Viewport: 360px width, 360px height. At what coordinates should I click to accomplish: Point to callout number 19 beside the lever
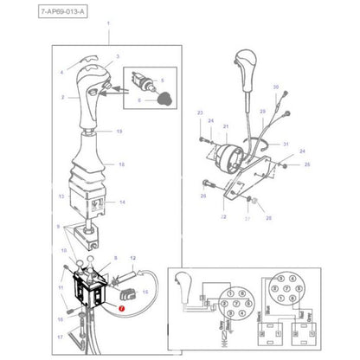click(119, 132)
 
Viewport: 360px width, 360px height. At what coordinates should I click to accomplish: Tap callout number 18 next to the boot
click(121, 164)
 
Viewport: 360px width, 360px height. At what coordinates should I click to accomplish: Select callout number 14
click(122, 202)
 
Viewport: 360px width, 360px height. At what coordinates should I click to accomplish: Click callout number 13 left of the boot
click(61, 196)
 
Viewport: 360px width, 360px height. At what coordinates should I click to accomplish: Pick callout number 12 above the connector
click(134, 257)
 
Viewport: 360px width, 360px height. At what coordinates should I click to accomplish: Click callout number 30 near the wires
click(276, 88)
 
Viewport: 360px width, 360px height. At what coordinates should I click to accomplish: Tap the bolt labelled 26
click(208, 183)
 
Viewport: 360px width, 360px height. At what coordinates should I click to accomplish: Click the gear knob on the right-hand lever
click(244, 68)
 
